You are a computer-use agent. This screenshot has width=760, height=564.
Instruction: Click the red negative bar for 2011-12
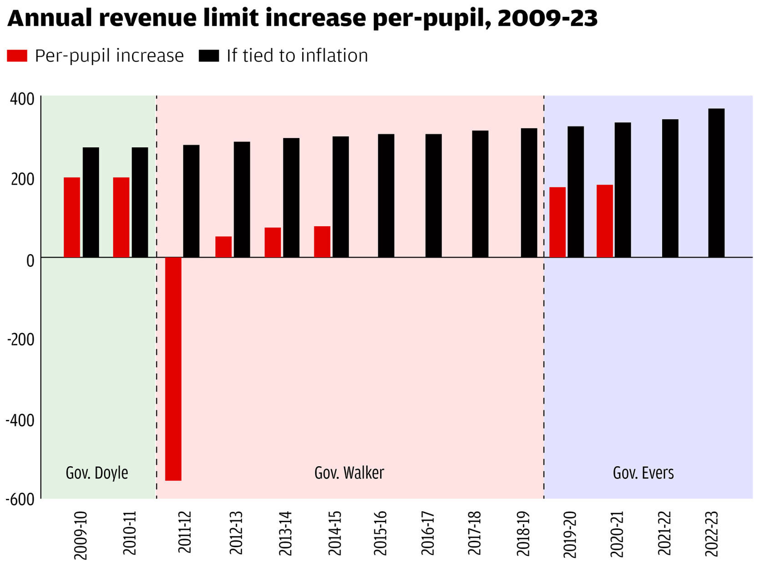click(x=173, y=368)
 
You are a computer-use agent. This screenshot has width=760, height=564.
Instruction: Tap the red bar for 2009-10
click(x=72, y=217)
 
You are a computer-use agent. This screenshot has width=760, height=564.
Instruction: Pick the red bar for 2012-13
click(x=223, y=247)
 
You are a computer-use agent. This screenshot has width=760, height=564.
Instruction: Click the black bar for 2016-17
click(x=433, y=195)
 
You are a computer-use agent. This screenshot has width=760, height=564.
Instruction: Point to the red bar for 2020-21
click(x=604, y=221)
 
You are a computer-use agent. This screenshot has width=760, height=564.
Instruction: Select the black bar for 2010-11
click(x=140, y=202)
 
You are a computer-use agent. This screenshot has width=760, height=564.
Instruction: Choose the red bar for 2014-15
click(x=322, y=242)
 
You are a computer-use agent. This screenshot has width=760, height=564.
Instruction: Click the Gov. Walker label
click(x=349, y=473)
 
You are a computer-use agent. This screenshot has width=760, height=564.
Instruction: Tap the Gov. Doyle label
click(x=97, y=473)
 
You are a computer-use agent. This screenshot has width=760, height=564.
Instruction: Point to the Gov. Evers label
click(x=643, y=473)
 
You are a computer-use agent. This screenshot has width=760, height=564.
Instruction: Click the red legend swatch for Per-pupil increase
click(x=17, y=55)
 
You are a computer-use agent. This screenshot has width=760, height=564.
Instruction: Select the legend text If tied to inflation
click(x=297, y=55)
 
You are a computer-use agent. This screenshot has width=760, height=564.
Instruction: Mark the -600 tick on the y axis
click(x=20, y=499)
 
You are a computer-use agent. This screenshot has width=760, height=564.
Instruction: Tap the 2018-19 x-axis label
click(x=523, y=534)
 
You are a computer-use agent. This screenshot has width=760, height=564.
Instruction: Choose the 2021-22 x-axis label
click(x=664, y=534)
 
